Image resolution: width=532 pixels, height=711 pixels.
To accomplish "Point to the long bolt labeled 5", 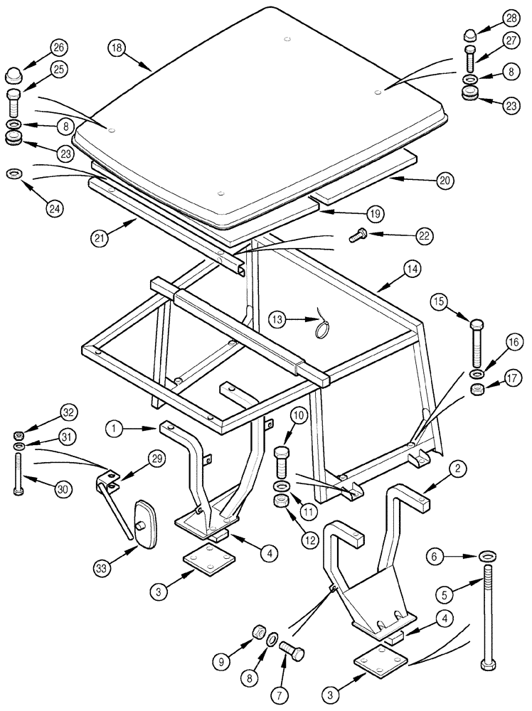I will click(x=487, y=619).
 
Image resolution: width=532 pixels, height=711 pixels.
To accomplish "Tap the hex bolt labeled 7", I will click(x=293, y=648).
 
